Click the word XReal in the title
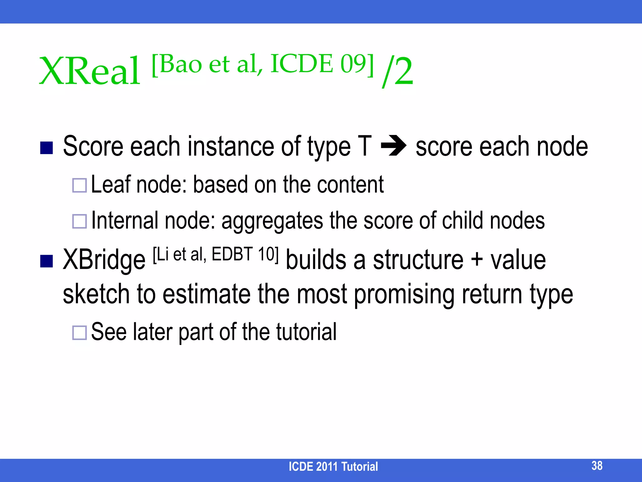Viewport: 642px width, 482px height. click(90, 71)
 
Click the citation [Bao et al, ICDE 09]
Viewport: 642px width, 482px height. click(263, 64)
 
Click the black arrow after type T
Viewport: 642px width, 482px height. click(394, 146)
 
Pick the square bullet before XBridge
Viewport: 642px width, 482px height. click(46, 261)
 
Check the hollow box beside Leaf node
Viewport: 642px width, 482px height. click(79, 185)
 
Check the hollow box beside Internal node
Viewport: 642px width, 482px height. click(79, 222)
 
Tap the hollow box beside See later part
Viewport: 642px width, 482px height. click(79, 333)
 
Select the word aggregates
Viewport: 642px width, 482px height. click(272, 221)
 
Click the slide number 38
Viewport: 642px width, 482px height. click(597, 466)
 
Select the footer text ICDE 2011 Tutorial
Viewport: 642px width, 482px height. click(333, 467)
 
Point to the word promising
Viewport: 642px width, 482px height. click(404, 295)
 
